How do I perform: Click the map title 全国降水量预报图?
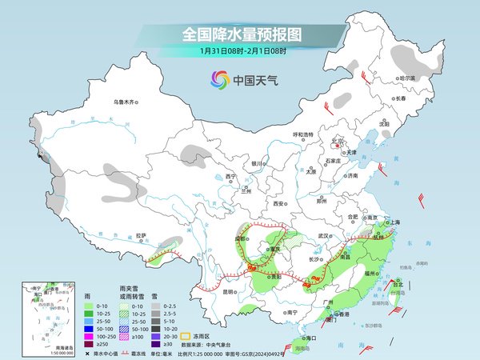(x=240, y=34)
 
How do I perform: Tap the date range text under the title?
(x=240, y=51)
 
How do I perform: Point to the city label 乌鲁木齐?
(x=126, y=102)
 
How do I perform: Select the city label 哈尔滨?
(x=408, y=78)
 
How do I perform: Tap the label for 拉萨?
(x=142, y=235)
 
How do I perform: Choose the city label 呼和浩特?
(x=307, y=134)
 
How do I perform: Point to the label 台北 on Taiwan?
(x=397, y=282)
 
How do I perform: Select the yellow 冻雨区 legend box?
(x=186, y=336)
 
